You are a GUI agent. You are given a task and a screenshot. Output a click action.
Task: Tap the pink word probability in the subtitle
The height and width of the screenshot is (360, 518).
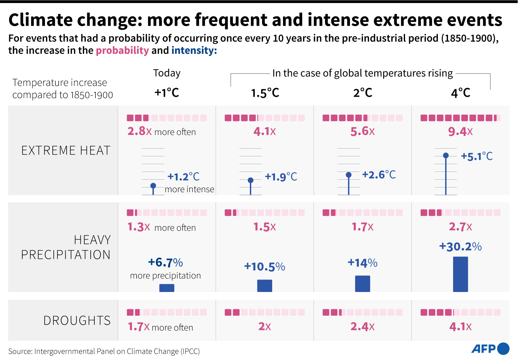pos(122,50)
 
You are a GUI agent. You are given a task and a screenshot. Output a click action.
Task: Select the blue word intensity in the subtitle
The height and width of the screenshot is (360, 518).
pos(194,50)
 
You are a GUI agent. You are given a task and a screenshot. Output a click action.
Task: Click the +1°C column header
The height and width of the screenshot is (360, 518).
pos(167,93)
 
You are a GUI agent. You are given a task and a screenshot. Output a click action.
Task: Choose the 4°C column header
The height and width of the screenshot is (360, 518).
pos(461,93)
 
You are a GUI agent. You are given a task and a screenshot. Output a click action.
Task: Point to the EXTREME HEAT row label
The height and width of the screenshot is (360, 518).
pos(66,151)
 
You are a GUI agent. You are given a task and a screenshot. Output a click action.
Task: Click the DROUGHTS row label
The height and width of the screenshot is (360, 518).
pos(77,320)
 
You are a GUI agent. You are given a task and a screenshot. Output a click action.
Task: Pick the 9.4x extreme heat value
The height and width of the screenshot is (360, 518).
pos(460,132)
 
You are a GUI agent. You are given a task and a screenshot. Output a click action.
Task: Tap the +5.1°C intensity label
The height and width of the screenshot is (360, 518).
pos(477,156)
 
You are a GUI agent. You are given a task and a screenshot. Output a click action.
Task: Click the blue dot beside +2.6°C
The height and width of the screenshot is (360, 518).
pos(349,175)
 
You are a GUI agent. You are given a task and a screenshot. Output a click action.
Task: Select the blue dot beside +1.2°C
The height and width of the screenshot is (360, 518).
pos(153,185)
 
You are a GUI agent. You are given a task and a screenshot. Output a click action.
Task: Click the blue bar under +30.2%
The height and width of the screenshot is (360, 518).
pos(461,274)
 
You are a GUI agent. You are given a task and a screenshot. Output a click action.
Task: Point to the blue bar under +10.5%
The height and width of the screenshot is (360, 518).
pos(265,286)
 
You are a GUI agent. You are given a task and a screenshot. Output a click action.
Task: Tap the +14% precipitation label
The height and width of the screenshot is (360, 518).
pos(362,263)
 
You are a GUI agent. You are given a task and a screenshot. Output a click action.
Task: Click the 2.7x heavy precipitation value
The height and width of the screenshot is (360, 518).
pos(460,227)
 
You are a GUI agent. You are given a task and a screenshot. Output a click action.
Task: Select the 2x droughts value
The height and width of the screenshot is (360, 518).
pos(265,327)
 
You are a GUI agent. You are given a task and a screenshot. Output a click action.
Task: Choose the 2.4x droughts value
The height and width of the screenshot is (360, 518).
pos(362,327)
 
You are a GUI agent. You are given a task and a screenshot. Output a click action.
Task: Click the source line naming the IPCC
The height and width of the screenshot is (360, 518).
pos(104,351)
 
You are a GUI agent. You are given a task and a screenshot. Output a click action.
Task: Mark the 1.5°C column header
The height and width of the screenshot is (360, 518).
pos(265,93)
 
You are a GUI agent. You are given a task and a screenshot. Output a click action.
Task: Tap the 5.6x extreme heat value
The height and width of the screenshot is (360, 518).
pos(362,132)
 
